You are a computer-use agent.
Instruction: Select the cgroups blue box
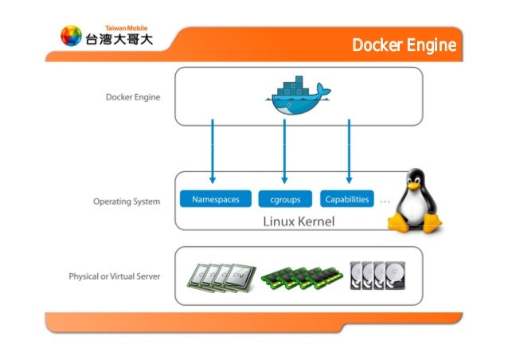[285, 200]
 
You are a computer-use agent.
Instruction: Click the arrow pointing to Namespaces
[213, 151]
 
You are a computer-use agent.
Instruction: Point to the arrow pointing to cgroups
[284, 151]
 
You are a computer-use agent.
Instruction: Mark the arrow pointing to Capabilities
[349, 151]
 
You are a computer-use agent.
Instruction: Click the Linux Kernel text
[299, 220]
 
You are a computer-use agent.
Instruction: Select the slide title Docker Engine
[404, 46]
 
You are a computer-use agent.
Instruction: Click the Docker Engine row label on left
[133, 97]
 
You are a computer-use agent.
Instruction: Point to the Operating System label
[125, 201]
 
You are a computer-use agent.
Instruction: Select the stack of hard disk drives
[377, 276]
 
